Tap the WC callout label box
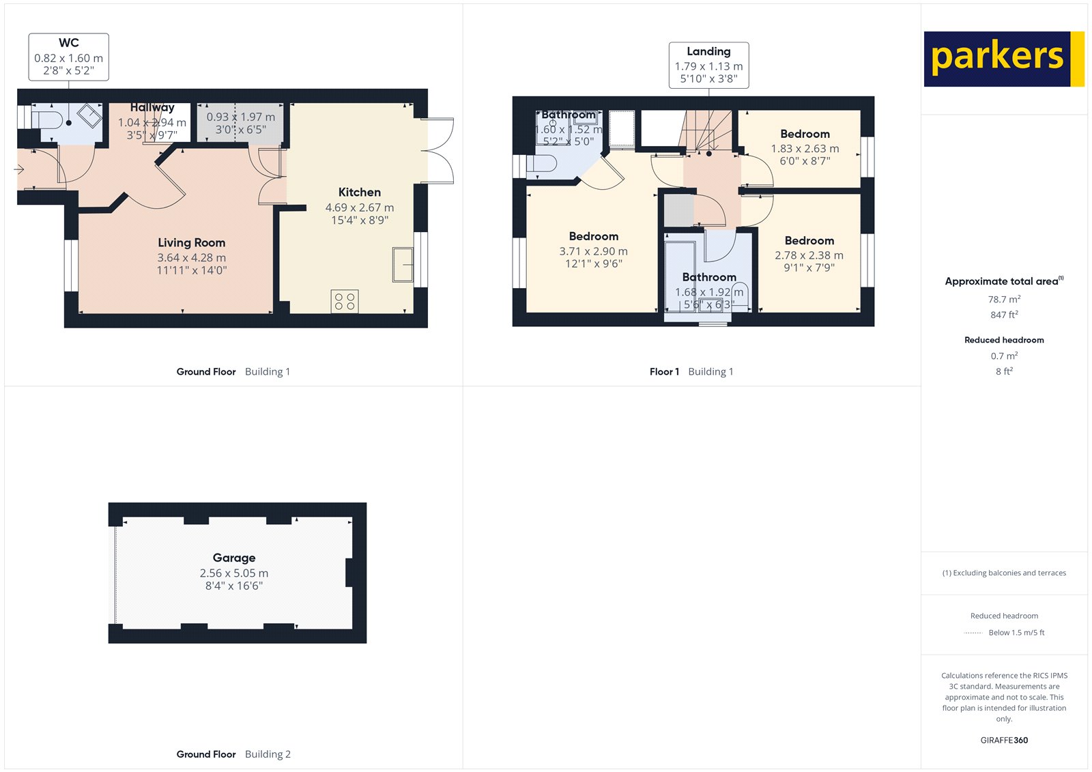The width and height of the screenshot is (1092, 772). [68, 57]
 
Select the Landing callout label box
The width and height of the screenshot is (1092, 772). [708, 65]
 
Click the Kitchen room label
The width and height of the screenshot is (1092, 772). [359, 192]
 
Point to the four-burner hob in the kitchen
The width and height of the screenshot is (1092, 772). [345, 301]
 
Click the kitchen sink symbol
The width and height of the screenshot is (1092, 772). [403, 265]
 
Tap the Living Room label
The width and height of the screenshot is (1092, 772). [191, 243]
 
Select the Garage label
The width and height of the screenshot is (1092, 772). [233, 558]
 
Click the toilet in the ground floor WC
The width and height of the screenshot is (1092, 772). [48, 121]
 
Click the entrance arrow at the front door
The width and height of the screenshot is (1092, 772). [19, 169]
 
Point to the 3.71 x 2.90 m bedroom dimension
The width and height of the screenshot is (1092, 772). [593, 251]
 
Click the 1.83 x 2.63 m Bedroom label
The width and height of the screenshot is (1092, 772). [805, 134]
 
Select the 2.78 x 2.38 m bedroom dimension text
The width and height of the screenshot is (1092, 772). [809, 255]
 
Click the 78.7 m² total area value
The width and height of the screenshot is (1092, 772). [1004, 299]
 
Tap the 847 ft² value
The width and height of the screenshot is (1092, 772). [1004, 315]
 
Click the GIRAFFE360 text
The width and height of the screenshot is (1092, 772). [1004, 740]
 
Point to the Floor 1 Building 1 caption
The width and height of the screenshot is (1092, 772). [691, 372]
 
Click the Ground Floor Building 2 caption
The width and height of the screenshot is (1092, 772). [233, 754]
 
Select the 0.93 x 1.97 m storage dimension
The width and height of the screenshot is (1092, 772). [240, 117]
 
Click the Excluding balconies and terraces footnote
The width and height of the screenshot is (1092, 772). [1004, 573]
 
